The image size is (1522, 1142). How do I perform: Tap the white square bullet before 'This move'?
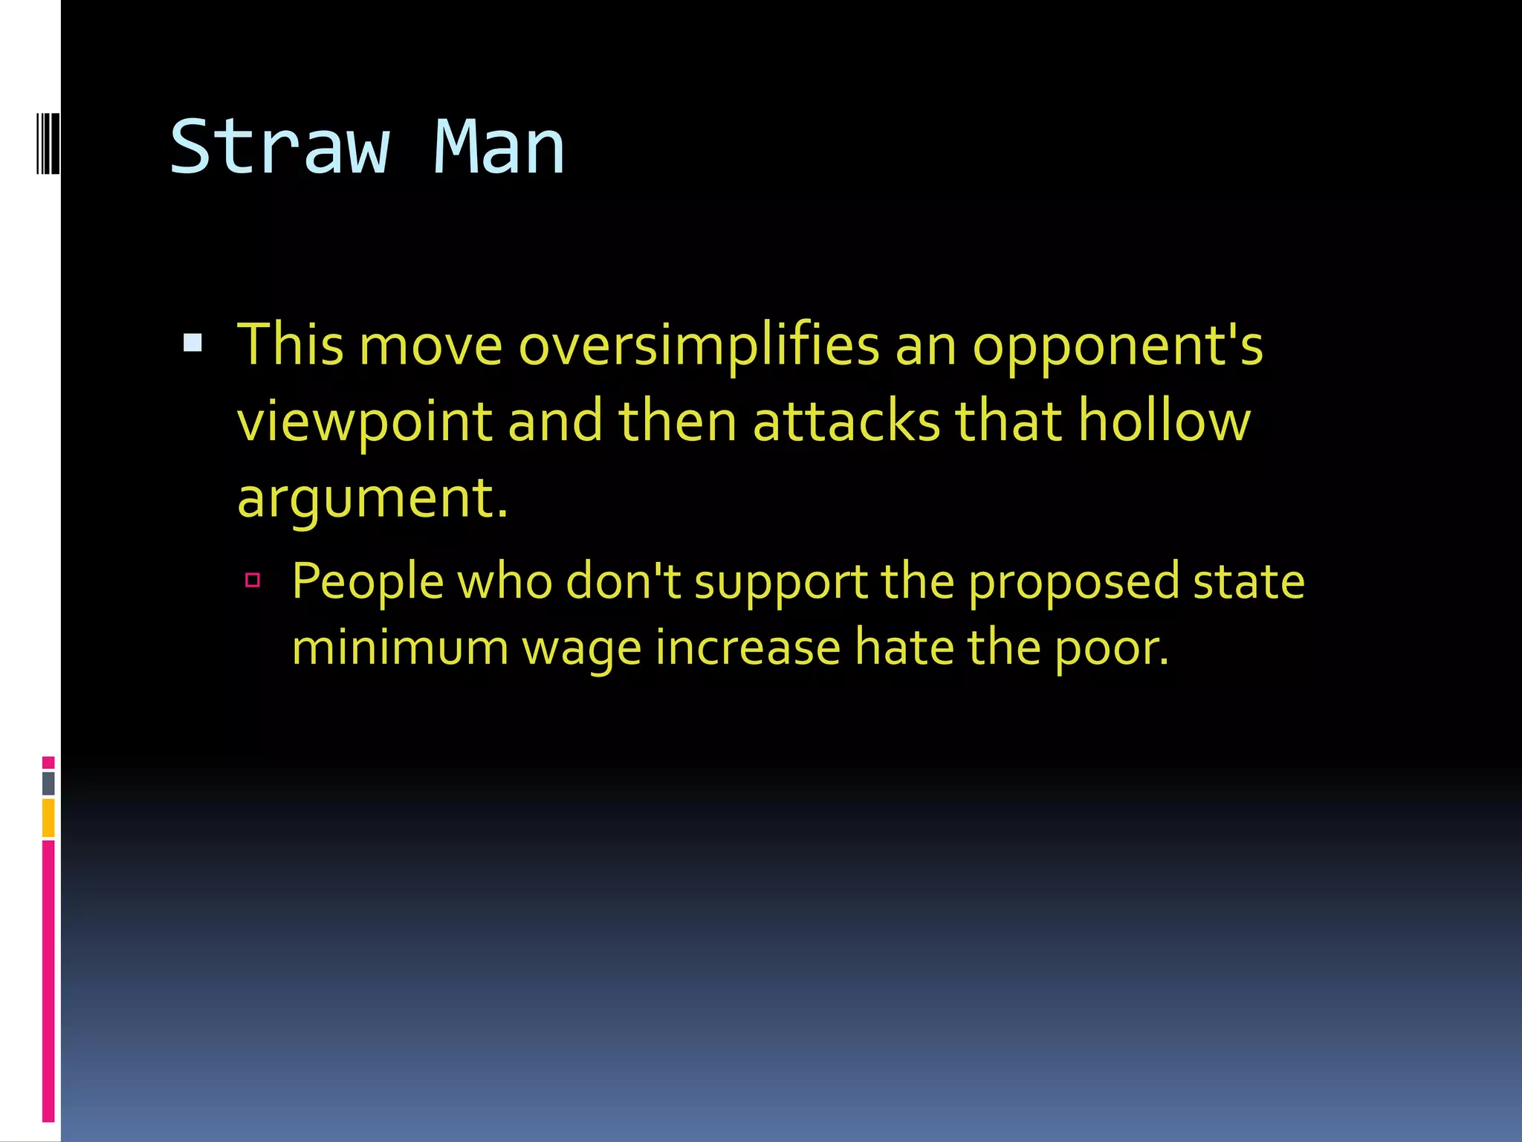pos(192,342)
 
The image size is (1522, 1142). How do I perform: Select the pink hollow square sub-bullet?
pos(253,580)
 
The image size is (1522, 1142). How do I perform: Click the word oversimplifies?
pos(699,346)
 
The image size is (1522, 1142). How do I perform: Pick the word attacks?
pos(846,421)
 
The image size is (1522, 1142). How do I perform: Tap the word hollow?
pos(1165,421)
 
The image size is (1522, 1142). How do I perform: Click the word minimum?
pos(399,648)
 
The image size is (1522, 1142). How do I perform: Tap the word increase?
pos(748,648)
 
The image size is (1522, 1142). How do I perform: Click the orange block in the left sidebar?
pos(48,818)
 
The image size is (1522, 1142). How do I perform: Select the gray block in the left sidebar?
pos(48,783)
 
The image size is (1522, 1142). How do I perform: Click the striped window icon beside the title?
pos(48,143)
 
